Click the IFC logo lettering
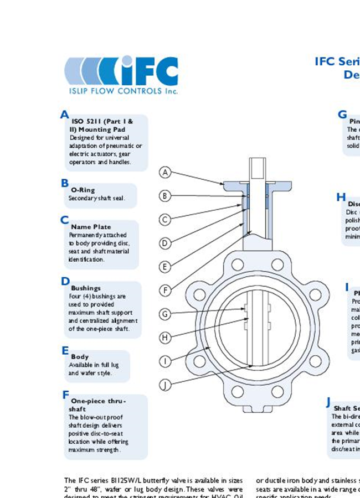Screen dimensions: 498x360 (x=147, y=71)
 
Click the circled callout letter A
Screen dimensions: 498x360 (x=164, y=172)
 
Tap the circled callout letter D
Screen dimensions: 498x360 (x=164, y=243)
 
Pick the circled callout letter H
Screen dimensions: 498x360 (x=164, y=338)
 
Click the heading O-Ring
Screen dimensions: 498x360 (x=83, y=190)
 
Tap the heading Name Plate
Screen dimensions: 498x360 (x=91, y=227)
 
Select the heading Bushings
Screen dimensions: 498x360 (x=85, y=288)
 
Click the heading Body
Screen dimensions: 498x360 (x=80, y=357)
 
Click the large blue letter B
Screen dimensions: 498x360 (x=65, y=183)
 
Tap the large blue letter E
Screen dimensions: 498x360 (x=65, y=351)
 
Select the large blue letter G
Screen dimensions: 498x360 (x=342, y=115)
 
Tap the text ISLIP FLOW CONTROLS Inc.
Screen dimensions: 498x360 (x=121, y=91)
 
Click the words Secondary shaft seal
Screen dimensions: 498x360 (x=96, y=198)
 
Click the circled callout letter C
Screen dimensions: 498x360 (x=164, y=220)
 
